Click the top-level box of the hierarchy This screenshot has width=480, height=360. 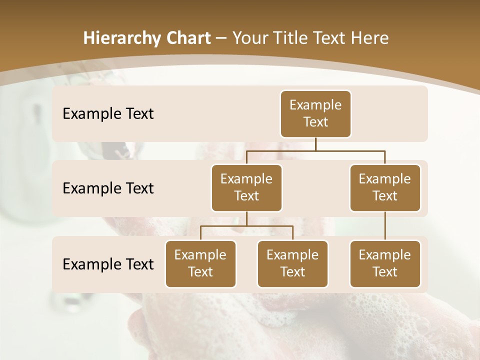point(315,114)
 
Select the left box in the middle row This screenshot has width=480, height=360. point(246,188)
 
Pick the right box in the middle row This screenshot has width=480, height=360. point(385,188)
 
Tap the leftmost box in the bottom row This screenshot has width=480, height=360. point(200,264)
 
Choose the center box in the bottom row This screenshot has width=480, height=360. point(292,264)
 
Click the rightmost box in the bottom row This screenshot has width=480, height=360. point(385,264)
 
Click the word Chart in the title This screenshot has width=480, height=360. point(186,38)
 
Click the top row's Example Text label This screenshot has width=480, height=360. point(108,114)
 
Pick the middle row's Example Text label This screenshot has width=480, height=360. point(108,188)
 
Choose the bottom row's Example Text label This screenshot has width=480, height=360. point(108,264)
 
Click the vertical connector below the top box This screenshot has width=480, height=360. point(315,144)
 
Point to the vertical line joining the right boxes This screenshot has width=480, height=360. point(385,226)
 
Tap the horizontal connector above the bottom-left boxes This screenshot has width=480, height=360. point(246,226)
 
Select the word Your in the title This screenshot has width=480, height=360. point(248,38)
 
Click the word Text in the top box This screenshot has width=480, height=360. point(315,122)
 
